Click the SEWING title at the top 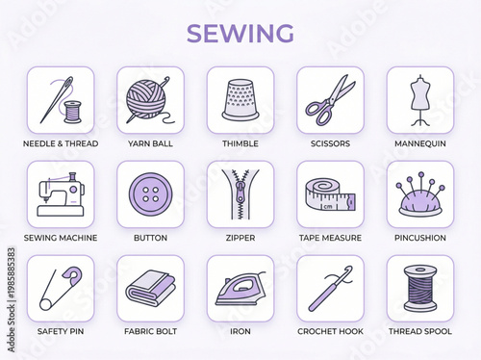click(240, 33)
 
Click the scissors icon click(329, 100)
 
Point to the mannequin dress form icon click(418, 100)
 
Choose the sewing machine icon click(60, 194)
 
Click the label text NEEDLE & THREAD click(60, 143)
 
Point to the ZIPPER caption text click(240, 238)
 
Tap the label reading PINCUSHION click(418, 238)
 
